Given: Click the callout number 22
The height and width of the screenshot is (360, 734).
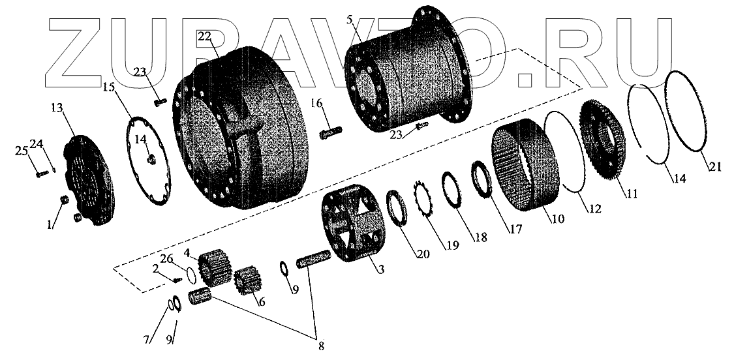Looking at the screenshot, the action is coord(204,37).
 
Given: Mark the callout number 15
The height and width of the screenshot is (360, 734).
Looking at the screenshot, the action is coord(108,87).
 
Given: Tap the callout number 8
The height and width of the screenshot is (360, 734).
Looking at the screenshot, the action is coord(320,346).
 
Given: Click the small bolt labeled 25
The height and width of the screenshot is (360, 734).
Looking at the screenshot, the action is coord(38,173).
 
